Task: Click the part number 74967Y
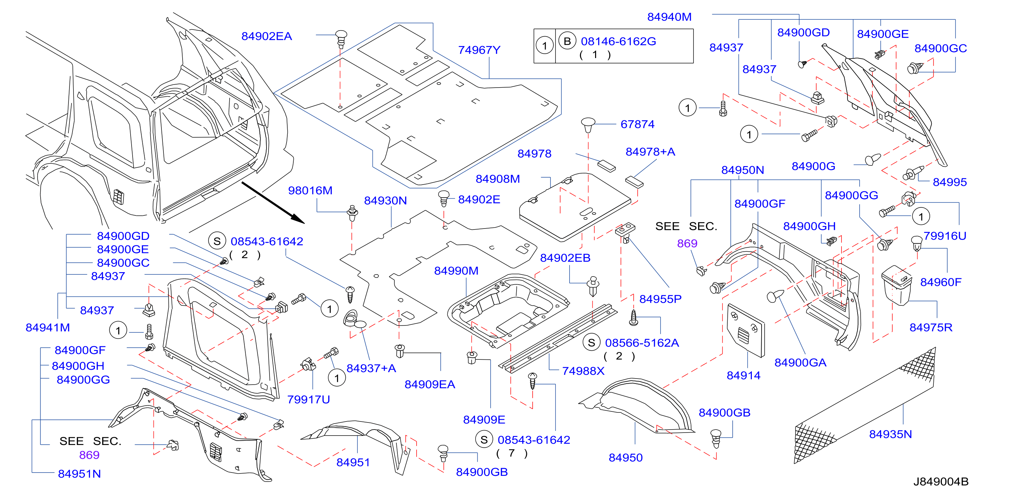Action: [x=479, y=50]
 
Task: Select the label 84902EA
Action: [x=267, y=36]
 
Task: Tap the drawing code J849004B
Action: [x=940, y=482]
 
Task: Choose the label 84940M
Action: [x=669, y=17]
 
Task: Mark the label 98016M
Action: [x=310, y=191]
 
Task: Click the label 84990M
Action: [x=456, y=271]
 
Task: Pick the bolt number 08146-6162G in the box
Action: [x=618, y=41]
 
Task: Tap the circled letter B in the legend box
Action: [x=567, y=41]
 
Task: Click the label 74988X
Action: [x=583, y=371]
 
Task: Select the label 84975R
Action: [x=930, y=328]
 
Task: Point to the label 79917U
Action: [x=308, y=399]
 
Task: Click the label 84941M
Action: [x=48, y=328]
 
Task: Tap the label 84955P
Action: [x=660, y=299]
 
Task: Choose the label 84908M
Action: [x=497, y=179]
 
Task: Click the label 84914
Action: [x=743, y=375]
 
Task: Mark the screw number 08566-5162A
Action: [x=642, y=343]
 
